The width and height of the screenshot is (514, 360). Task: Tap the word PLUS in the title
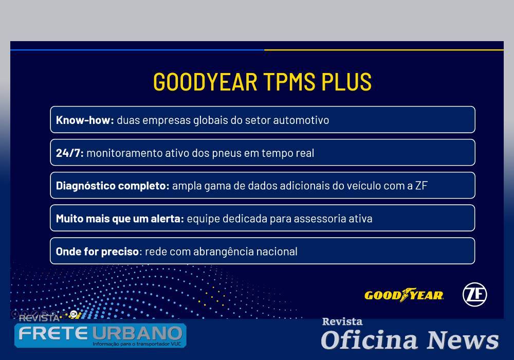click(x=346, y=82)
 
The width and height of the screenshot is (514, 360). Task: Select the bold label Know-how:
click(x=85, y=120)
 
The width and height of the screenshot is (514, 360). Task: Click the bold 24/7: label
click(x=69, y=153)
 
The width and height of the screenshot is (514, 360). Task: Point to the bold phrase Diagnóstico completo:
click(x=113, y=186)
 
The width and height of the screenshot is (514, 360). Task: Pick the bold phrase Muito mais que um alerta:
click(x=120, y=219)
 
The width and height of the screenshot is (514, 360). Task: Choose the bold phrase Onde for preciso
click(x=97, y=252)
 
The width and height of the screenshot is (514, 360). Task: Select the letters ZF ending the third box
click(x=421, y=186)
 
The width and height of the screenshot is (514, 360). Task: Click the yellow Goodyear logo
click(x=404, y=295)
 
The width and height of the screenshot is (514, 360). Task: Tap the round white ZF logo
click(x=474, y=295)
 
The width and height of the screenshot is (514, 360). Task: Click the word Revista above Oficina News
click(x=342, y=322)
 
